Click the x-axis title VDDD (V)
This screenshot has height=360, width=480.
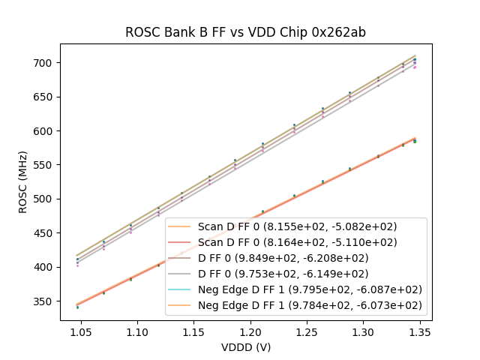pyautogui.click(x=246, y=347)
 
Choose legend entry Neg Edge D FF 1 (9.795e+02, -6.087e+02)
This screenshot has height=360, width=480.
pyautogui.click(x=310, y=289)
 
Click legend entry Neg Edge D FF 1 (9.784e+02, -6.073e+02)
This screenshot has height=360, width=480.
pyautogui.click(x=310, y=305)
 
